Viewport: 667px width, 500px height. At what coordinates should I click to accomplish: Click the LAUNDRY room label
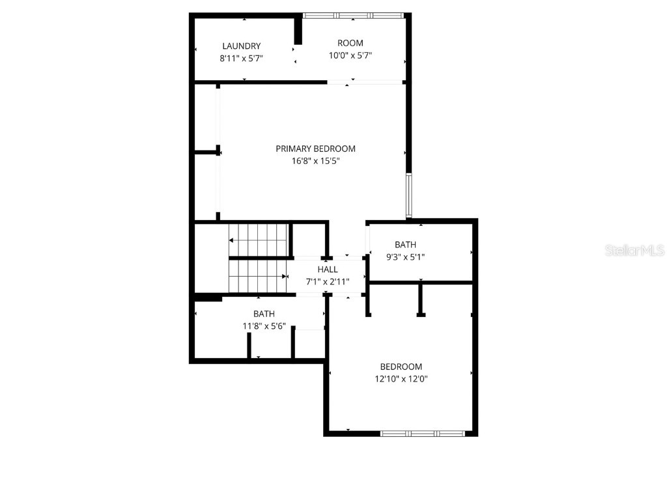point(241,46)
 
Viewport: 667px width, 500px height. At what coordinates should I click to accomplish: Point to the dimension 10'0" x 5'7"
point(350,55)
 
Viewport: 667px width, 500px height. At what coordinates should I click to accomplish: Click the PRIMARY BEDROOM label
point(315,149)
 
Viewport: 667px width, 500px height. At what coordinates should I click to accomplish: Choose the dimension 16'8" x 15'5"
point(315,161)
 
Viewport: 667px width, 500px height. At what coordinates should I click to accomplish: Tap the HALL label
point(328,270)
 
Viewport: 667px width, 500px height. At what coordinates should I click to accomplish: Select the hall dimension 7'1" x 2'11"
point(328,281)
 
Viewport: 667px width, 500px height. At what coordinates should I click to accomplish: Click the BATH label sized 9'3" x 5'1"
point(405,245)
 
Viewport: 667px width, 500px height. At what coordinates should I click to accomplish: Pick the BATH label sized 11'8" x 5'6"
point(264,314)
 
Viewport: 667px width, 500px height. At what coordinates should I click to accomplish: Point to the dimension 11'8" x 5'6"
point(264,326)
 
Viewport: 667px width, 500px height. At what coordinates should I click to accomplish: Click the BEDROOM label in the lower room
point(401,367)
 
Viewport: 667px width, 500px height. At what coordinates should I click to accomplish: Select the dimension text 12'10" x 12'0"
point(401,379)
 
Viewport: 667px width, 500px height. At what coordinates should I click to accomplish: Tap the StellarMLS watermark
point(634,250)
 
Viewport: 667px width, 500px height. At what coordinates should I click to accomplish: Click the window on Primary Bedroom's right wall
point(408,195)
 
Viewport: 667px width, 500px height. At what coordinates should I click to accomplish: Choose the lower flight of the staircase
point(259,276)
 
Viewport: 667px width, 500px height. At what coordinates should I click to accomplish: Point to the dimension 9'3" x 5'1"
point(405,257)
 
